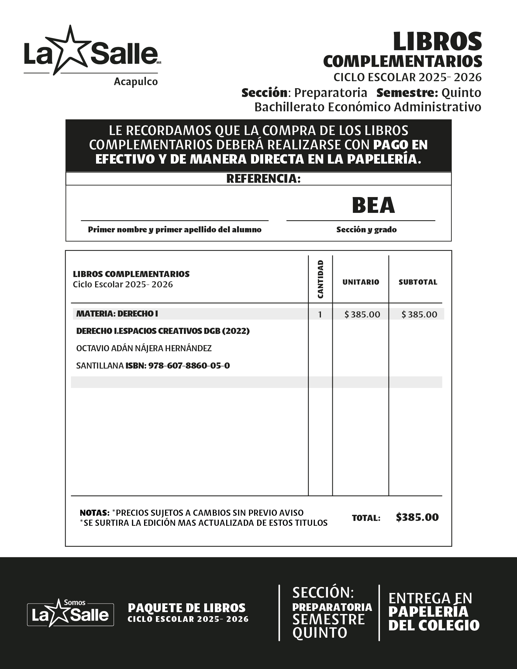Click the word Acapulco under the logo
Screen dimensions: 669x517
(x=136, y=82)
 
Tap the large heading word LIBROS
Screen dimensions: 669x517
(x=437, y=42)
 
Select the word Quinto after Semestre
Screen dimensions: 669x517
(x=461, y=92)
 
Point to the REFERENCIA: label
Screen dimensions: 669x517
(x=263, y=179)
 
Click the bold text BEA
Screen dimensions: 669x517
(x=373, y=205)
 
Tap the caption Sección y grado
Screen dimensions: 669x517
(x=367, y=230)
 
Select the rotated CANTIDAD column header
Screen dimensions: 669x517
(x=320, y=279)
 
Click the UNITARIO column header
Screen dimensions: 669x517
(x=360, y=282)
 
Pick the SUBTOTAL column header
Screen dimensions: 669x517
(x=418, y=282)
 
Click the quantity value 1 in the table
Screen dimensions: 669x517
(x=320, y=315)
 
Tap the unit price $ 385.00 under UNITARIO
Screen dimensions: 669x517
(x=362, y=315)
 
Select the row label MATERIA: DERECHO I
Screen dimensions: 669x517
(x=117, y=314)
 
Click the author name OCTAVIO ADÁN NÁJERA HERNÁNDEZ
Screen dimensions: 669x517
(x=144, y=348)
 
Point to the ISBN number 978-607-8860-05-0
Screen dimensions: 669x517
(x=189, y=366)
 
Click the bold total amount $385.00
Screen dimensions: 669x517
(x=417, y=517)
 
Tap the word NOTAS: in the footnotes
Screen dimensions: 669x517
(x=94, y=513)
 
